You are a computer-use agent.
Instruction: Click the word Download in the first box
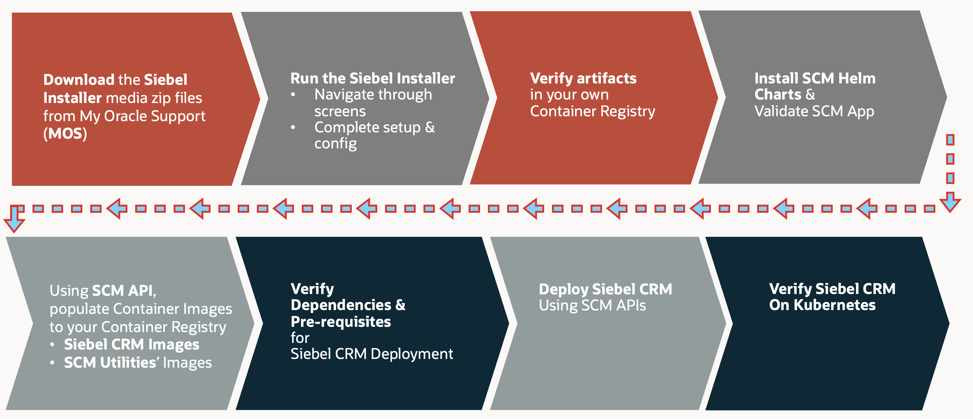click(79, 80)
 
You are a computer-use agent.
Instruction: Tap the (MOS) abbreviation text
click(65, 134)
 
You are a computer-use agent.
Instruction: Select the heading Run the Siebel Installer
click(372, 78)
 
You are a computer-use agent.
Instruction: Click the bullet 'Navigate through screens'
click(373, 102)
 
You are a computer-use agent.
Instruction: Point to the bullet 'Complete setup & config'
click(374, 135)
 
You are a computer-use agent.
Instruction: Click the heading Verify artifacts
click(583, 78)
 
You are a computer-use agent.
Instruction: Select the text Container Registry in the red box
click(592, 111)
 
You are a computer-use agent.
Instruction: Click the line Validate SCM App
click(814, 111)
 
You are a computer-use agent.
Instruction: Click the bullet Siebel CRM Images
click(132, 344)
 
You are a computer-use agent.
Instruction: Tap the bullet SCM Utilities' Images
click(138, 362)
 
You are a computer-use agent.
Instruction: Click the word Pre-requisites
click(340, 322)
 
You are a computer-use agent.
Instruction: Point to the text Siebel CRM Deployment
click(371, 354)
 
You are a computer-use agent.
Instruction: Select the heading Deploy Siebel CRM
click(605, 289)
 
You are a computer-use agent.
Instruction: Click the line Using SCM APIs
click(592, 305)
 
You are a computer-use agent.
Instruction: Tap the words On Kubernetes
click(822, 305)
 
